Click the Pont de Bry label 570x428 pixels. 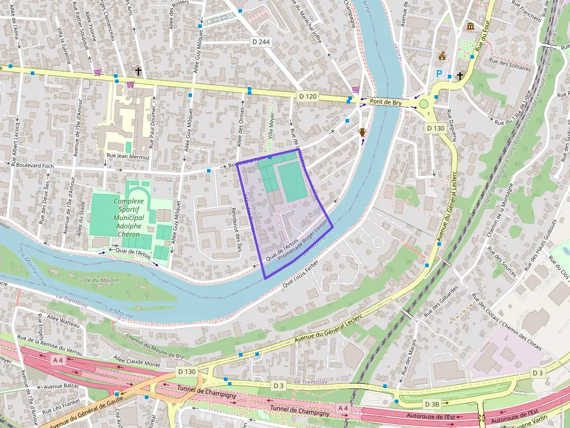(385, 102)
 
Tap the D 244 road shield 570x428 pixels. (262, 42)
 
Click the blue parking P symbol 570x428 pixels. (440, 74)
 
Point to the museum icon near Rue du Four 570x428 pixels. (470, 27)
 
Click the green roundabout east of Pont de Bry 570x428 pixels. (424, 104)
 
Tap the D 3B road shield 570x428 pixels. (432, 404)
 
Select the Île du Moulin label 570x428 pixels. (101, 280)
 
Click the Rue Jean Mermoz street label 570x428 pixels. (127, 157)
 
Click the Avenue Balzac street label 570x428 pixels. (61, 386)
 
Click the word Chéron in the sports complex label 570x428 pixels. (129, 233)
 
